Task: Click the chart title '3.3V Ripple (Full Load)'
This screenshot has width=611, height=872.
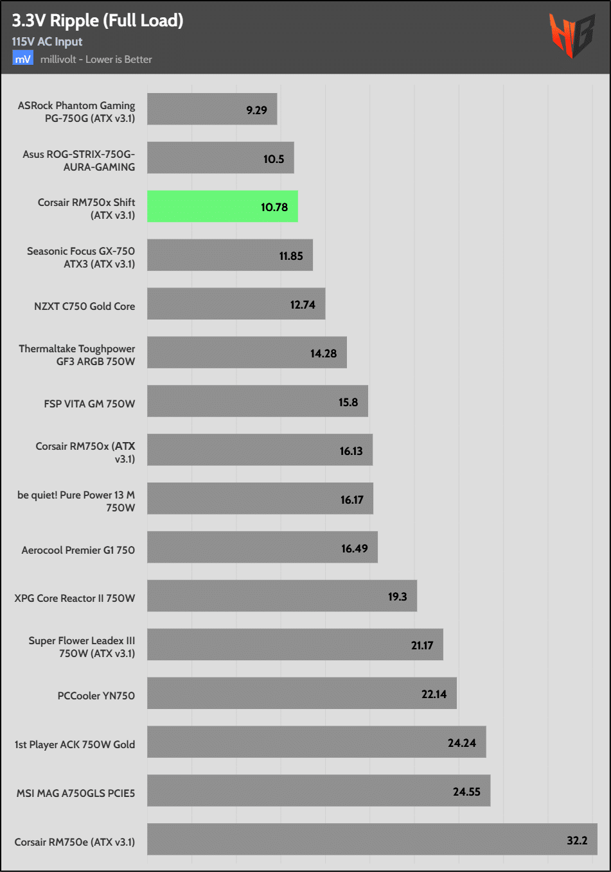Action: click(98, 21)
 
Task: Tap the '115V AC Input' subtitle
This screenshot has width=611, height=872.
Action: click(47, 42)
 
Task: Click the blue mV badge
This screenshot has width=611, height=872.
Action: click(22, 59)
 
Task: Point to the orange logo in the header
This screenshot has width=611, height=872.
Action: click(571, 36)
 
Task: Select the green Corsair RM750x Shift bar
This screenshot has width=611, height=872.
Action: click(222, 207)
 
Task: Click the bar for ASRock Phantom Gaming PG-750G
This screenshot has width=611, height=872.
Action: click(212, 109)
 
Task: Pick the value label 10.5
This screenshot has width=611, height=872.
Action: click(274, 159)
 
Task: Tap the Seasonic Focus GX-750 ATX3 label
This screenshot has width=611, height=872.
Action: click(81, 257)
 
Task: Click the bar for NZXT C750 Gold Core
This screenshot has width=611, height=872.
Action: click(236, 303)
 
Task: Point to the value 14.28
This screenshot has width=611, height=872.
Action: click(323, 354)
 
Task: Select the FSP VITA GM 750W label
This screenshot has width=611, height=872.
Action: click(89, 404)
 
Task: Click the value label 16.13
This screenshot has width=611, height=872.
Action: click(351, 451)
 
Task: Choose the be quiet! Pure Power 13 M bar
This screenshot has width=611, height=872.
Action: click(260, 499)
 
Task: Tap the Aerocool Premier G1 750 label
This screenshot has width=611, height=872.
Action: click(78, 550)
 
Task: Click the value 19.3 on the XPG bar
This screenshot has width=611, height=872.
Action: click(397, 597)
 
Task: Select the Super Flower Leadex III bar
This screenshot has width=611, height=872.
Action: click(295, 644)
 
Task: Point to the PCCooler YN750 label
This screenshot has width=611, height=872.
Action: click(96, 696)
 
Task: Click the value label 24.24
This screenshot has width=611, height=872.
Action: click(462, 743)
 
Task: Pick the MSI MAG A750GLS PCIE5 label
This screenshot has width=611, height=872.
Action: click(76, 793)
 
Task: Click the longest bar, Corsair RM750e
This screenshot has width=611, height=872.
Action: click(372, 839)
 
